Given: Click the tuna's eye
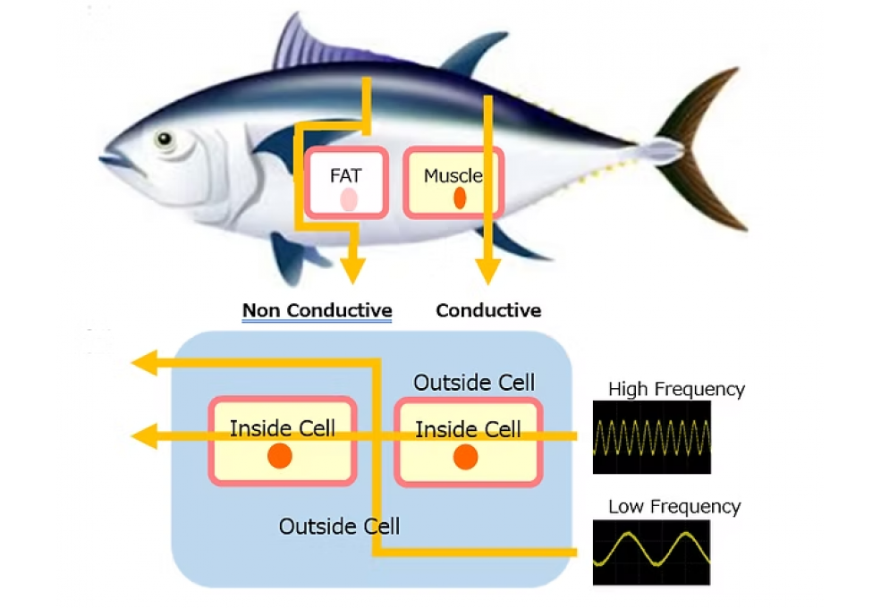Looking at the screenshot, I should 165,139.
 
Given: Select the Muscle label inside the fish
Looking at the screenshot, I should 453,175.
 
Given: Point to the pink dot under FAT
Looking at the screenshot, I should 348,199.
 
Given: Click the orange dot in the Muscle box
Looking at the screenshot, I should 460,198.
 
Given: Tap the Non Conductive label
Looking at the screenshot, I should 317,311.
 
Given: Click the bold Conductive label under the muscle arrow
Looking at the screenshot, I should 488,311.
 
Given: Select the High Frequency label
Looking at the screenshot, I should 676,389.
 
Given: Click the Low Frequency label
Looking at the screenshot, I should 674,507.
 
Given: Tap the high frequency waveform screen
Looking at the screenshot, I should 651,436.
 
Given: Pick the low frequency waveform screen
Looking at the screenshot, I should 651,552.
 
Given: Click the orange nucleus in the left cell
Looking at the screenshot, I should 280,456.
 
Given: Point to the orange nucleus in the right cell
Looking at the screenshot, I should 465,457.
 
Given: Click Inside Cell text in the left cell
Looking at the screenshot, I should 283,428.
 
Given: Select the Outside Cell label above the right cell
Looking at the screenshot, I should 474,384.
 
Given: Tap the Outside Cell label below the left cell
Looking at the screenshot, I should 339,526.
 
